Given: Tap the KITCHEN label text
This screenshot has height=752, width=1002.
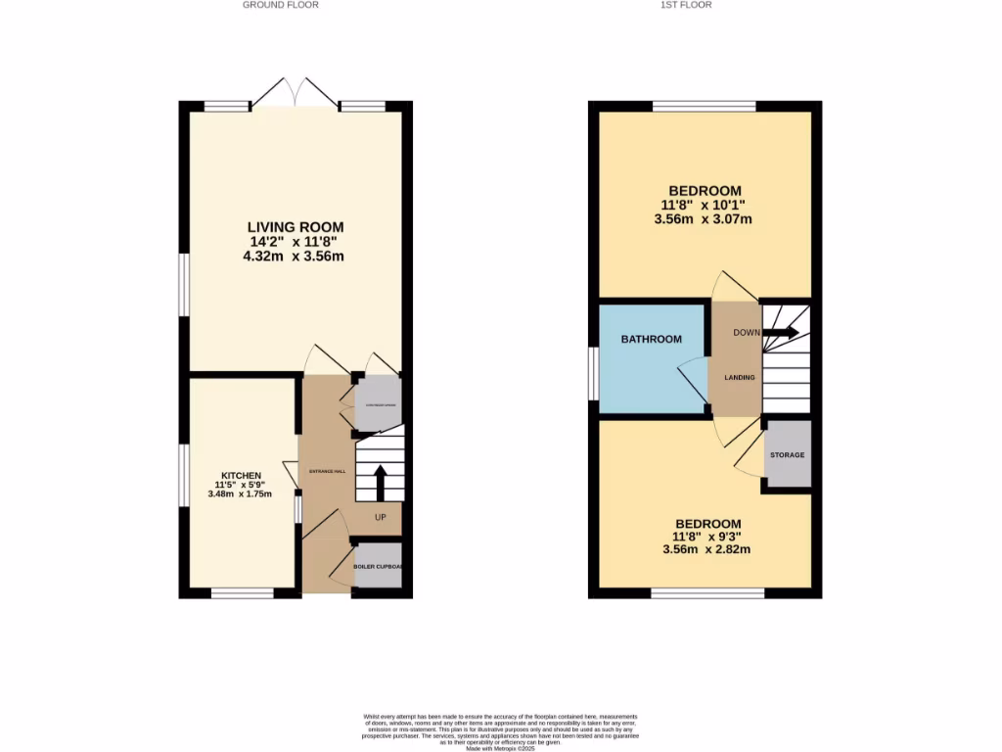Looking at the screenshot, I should [240, 475].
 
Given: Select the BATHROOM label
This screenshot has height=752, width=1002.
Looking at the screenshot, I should [651, 340].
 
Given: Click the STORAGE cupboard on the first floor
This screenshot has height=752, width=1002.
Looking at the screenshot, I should [787, 455].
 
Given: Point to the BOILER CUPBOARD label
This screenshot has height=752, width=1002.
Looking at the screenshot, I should [378, 567].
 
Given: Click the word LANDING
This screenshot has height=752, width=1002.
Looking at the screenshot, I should [739, 377].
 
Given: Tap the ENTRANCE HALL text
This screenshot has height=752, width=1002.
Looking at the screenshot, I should [328, 471].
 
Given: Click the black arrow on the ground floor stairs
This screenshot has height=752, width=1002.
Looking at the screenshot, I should [380, 483].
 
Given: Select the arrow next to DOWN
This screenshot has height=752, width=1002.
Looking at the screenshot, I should [781, 332].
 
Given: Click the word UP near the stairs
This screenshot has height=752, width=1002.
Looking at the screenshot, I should [380, 517].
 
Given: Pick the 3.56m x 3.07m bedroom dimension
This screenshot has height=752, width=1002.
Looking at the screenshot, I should [705, 219].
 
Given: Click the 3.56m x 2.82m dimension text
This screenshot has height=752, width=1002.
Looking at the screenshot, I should [705, 549].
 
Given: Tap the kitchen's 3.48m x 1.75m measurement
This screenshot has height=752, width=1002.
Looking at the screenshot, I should [240, 494].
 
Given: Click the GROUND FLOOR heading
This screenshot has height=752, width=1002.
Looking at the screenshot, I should [281, 5].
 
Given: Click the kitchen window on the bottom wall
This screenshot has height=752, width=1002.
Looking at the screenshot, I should [243, 593].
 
